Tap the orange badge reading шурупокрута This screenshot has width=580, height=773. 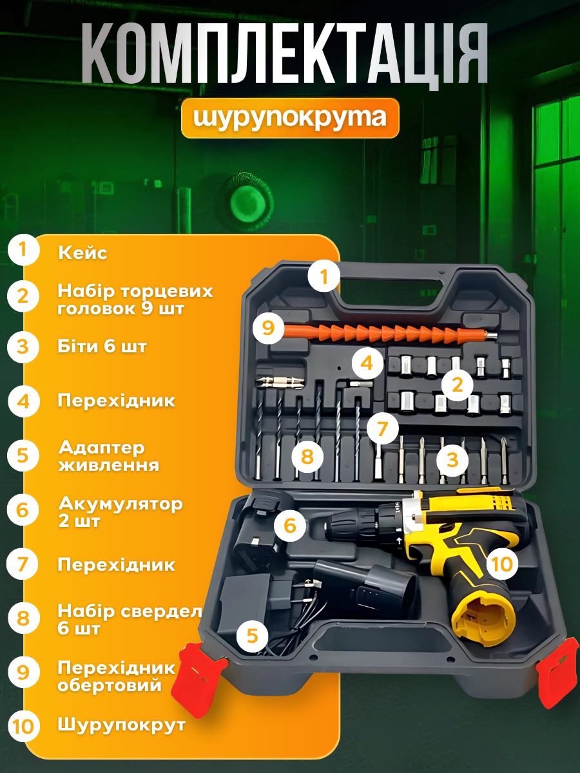click(x=290, y=117)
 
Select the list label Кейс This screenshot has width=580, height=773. click(x=82, y=253)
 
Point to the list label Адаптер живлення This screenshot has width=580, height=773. click(x=108, y=455)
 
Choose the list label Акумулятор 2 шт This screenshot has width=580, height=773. click(x=120, y=511)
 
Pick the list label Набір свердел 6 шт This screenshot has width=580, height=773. click(x=129, y=619)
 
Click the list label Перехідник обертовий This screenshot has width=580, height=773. click(x=116, y=676)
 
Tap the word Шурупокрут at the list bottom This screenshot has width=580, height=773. click(x=121, y=725)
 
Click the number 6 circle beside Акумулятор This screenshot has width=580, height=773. click(x=24, y=511)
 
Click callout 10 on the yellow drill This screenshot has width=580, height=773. click(x=502, y=564)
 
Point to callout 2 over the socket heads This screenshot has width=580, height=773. click(x=458, y=385)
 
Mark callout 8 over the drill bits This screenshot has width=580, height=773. click(x=306, y=457)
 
